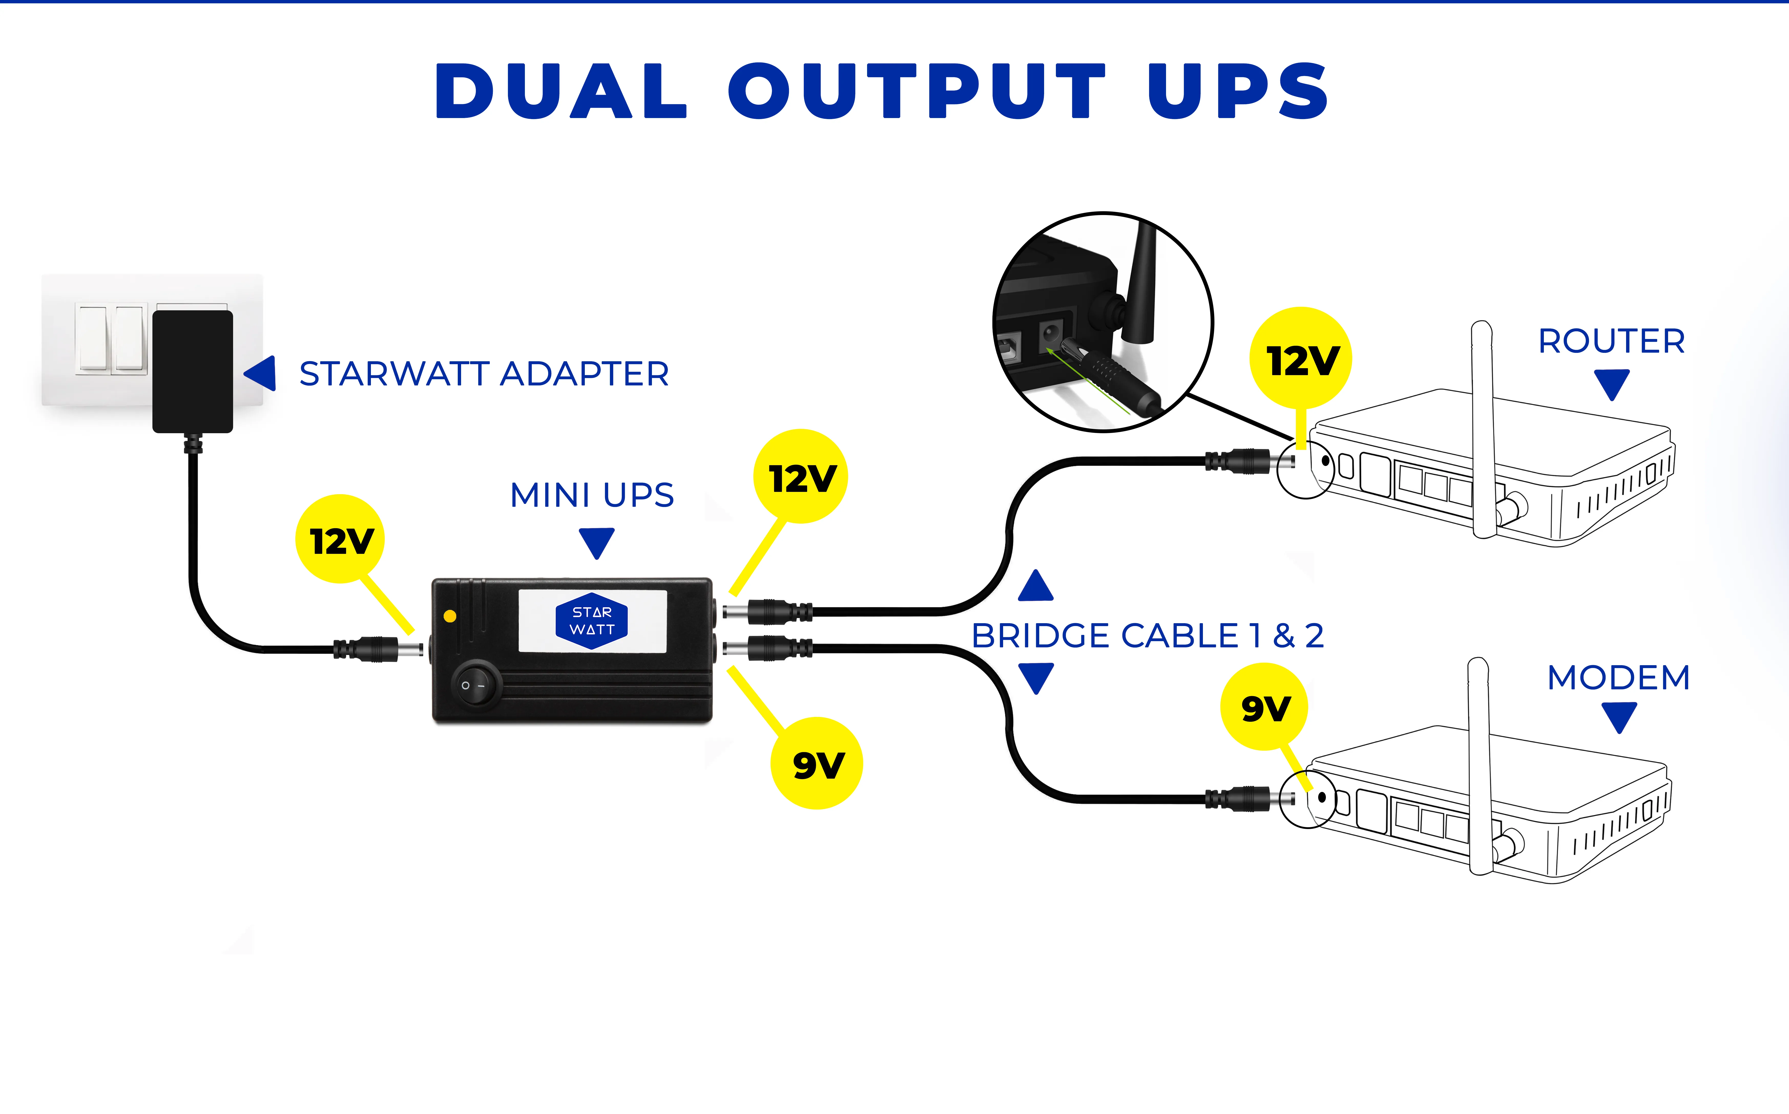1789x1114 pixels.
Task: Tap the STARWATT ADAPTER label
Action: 484,374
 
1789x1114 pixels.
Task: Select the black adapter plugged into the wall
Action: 192,370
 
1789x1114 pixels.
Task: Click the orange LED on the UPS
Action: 450,616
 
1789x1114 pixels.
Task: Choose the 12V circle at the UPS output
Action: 800,477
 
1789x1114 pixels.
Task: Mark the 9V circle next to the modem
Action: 1264,707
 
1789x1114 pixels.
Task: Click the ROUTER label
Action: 1611,341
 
